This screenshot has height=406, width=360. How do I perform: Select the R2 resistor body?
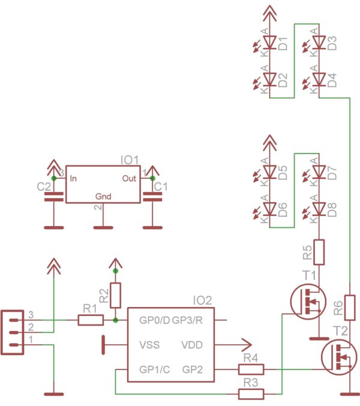(116, 295)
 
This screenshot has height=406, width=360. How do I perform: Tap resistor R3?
(251, 394)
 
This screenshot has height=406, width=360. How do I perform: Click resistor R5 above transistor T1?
(319, 252)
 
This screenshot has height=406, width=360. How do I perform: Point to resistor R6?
(350, 308)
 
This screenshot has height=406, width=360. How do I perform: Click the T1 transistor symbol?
(307, 300)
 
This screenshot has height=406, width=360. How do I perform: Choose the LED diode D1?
(269, 43)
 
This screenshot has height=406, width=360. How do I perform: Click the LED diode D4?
(319, 79)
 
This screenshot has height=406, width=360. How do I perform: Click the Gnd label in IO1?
(103, 196)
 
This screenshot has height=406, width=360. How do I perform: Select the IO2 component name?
(202, 300)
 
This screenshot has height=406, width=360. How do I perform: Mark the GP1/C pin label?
(155, 369)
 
